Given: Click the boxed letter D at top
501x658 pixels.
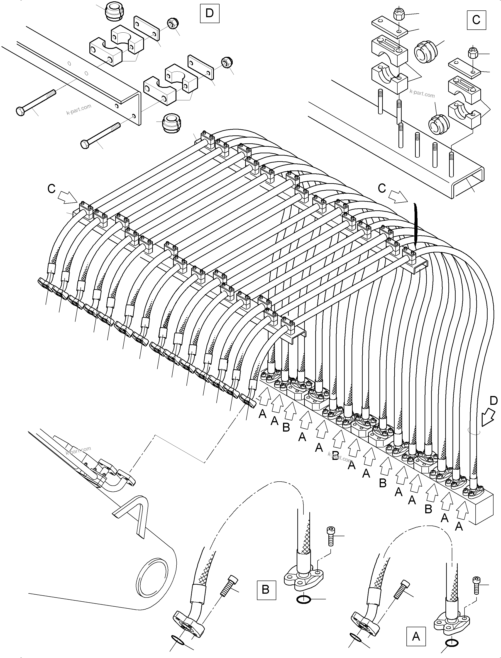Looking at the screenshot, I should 209,13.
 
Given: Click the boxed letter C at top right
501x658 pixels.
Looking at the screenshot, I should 476,20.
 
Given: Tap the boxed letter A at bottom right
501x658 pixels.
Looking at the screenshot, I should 416,636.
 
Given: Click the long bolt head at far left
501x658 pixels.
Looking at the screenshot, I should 20,111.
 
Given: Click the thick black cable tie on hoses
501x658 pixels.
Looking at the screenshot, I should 416,223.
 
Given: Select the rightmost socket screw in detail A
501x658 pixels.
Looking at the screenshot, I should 476,584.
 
